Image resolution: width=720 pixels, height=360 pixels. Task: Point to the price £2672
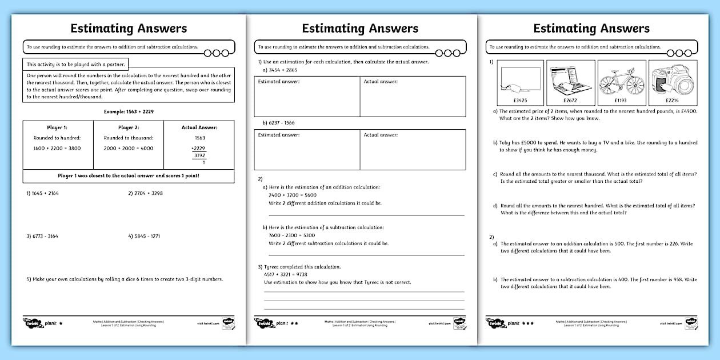[x=570, y=101]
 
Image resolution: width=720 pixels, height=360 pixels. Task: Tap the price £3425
[x=520, y=101]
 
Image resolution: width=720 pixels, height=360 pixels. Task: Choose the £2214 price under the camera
[x=673, y=101]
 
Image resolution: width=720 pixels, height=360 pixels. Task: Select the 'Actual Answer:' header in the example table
[x=199, y=127]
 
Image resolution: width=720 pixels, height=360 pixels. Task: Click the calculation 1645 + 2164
[x=43, y=193]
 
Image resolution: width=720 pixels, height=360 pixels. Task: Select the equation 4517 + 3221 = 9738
[x=286, y=274]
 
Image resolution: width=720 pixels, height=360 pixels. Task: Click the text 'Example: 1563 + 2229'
[x=128, y=111]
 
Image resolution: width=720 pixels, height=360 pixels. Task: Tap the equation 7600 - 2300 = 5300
[x=291, y=235]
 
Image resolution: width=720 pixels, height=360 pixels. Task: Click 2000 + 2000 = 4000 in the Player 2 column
[x=128, y=148]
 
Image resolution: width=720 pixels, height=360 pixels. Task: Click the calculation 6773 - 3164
[x=43, y=236]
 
